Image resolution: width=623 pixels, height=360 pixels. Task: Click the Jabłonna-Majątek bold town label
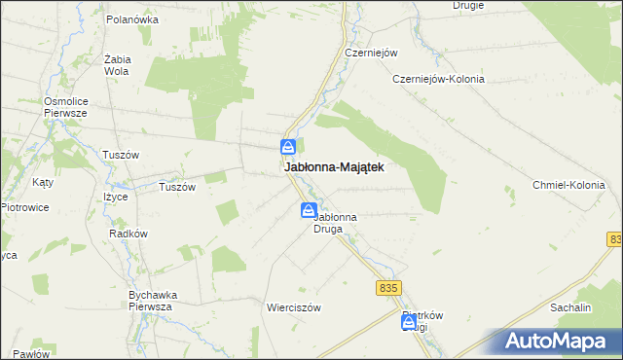point(334,167)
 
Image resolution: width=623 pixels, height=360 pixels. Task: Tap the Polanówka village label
point(132,18)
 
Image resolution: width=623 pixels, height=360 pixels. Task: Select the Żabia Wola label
point(117,64)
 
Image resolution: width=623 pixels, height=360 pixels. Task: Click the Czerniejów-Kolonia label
point(438,79)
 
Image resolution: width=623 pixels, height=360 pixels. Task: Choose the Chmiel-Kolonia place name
point(568,185)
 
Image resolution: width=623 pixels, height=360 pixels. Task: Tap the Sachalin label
point(570,306)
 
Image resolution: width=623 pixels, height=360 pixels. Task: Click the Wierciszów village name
point(293,306)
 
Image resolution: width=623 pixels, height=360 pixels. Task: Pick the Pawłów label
point(31,354)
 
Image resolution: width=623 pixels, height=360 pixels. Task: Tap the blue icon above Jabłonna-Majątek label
point(289,147)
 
